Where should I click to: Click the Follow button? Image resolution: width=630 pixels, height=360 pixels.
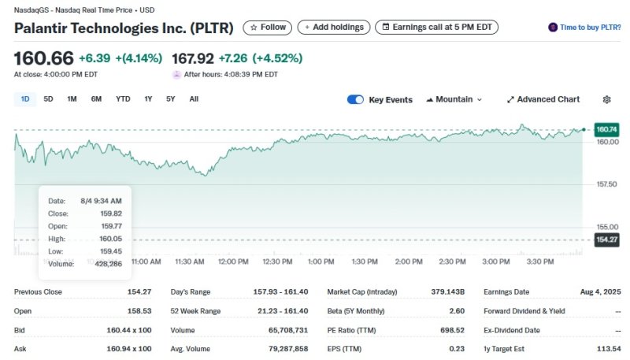(268, 28)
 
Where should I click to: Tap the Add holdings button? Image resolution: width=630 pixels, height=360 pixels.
(334, 28)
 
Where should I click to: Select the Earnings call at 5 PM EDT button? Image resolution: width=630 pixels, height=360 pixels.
(437, 28)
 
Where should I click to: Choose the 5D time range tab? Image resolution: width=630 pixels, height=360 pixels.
(48, 99)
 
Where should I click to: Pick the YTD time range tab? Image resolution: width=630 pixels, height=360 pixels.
(123, 99)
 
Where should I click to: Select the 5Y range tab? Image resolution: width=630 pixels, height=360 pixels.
(170, 99)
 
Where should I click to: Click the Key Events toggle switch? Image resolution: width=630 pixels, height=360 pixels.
(355, 100)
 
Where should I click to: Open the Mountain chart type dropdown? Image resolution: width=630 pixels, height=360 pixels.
(454, 100)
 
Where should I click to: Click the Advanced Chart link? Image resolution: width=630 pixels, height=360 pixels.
(543, 100)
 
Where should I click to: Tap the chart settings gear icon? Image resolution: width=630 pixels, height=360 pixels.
(606, 100)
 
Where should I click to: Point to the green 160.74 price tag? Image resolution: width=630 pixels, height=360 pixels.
(607, 129)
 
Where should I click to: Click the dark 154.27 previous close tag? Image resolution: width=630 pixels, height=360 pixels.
(607, 239)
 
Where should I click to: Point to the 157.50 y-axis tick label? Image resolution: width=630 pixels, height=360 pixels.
(607, 184)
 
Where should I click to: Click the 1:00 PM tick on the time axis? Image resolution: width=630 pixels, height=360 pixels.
(321, 262)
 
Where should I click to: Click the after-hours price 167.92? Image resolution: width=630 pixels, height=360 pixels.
(193, 59)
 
